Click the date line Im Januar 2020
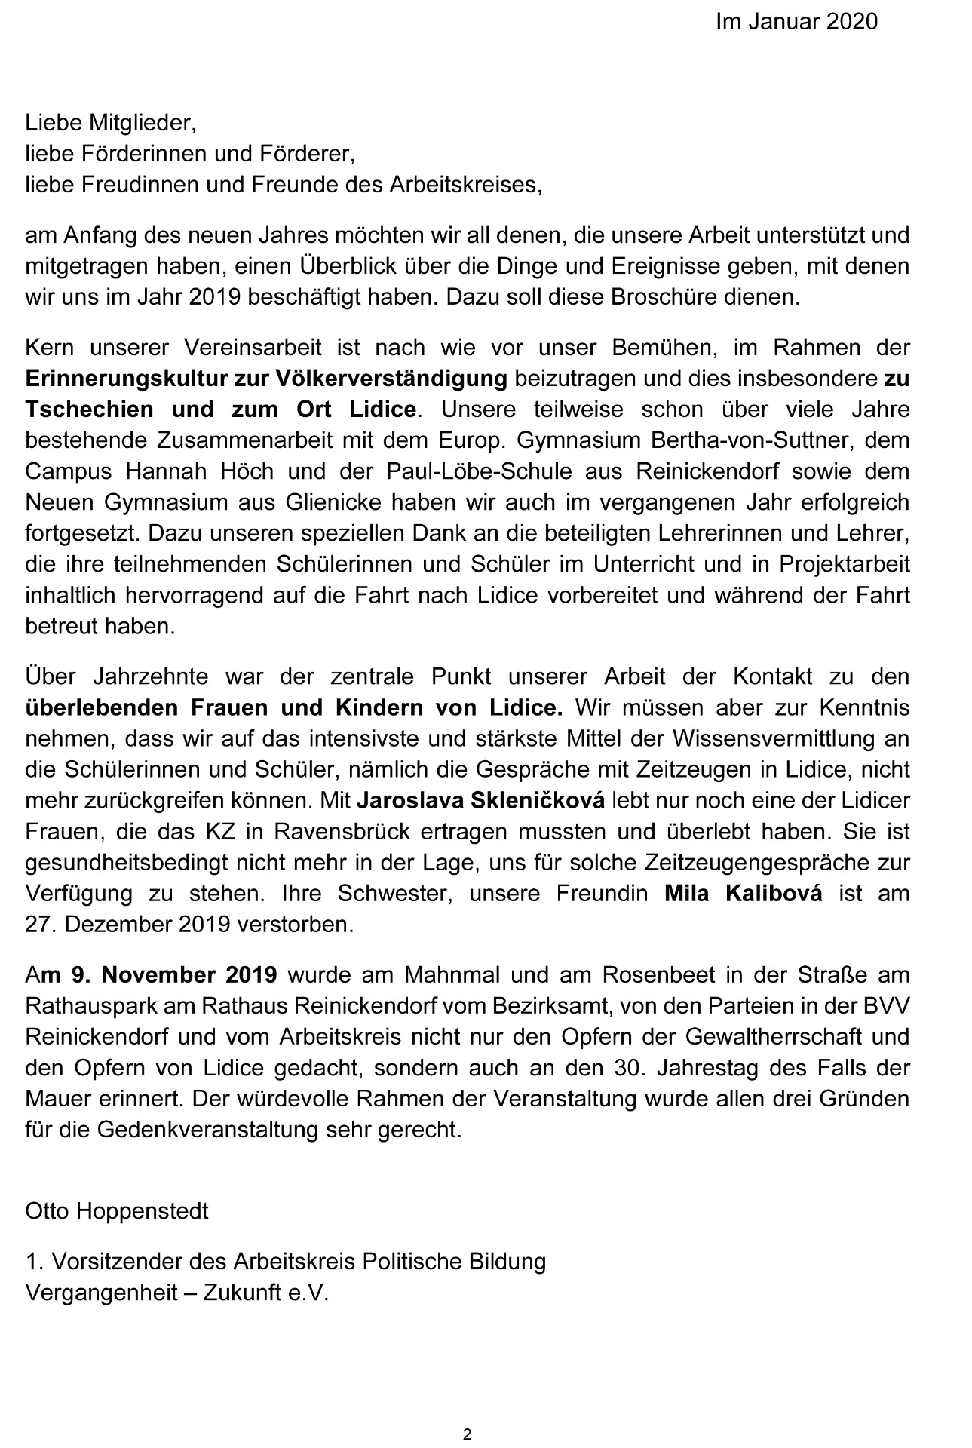(796, 22)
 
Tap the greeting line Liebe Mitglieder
(111, 122)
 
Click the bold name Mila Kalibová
(743, 894)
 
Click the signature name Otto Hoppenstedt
(117, 1212)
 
